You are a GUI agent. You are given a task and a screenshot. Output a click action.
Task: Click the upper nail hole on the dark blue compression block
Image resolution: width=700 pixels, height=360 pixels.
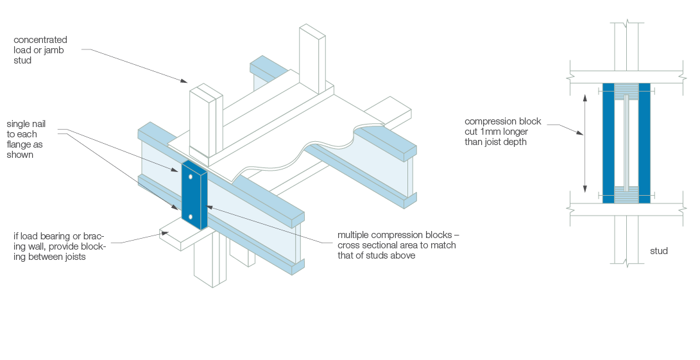point(191,176)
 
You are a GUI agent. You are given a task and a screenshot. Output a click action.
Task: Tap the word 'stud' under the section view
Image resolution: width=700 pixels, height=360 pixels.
point(659,251)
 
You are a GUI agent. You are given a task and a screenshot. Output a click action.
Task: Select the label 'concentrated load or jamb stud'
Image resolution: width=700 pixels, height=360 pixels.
point(40,50)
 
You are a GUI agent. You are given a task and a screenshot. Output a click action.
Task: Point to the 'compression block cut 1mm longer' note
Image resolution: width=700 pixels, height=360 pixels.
point(504,132)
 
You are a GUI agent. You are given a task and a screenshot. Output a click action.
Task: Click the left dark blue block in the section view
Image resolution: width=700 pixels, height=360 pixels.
point(608,143)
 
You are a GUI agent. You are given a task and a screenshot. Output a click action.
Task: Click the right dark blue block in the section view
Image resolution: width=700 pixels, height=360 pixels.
point(644,143)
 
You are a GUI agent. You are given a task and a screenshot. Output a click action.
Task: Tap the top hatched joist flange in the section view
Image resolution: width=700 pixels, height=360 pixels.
point(626,92)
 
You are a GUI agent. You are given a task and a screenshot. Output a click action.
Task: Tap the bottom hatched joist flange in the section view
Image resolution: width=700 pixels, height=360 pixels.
point(626,194)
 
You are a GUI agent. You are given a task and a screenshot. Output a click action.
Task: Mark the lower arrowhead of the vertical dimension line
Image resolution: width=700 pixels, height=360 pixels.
point(585,190)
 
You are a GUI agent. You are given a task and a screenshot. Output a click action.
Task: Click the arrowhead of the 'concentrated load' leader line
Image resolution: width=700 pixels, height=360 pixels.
point(184,81)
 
